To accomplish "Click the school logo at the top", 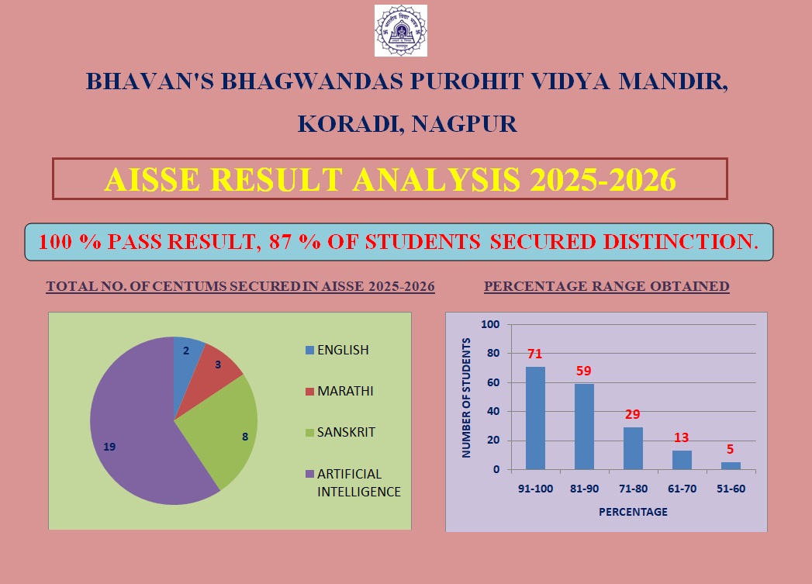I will pos(400,30).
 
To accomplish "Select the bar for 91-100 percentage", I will pos(535,418).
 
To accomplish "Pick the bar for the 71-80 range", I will pos(633,448).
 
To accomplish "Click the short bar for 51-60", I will pos(731,465).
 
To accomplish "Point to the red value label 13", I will pos(682,437).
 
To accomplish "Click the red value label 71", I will pos(535,354).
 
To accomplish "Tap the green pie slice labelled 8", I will pos(229,430).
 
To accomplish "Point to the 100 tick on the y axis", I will pos(489,324).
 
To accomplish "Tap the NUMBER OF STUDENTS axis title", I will pos(467,397).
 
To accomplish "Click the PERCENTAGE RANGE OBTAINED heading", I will pos(606,286).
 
